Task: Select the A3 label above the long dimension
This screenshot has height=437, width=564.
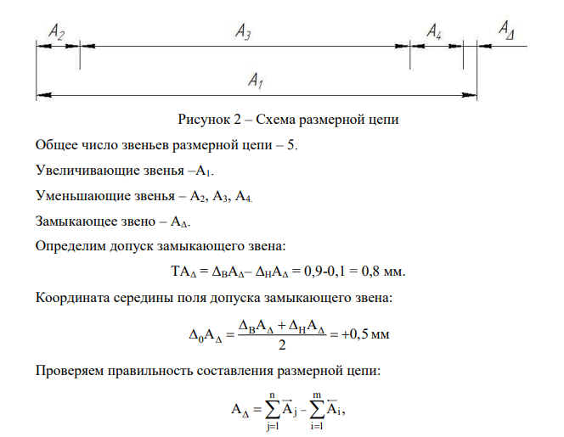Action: pos(243,31)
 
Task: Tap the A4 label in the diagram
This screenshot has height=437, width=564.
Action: pos(434,31)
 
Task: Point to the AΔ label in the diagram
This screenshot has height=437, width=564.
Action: pos(506,30)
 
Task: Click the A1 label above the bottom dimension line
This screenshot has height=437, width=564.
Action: pos(256,80)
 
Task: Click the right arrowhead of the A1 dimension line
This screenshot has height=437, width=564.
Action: pos(469,95)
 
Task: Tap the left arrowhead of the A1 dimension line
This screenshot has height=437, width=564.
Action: pos(44,95)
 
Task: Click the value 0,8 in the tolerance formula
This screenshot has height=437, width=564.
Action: pos(370,272)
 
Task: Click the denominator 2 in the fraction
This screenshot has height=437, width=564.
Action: pos(282,345)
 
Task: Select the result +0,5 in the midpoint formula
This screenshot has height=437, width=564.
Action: pos(355,334)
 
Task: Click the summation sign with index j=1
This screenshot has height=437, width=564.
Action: pos(273,410)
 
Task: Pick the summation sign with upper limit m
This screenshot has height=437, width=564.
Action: pos(317,410)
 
